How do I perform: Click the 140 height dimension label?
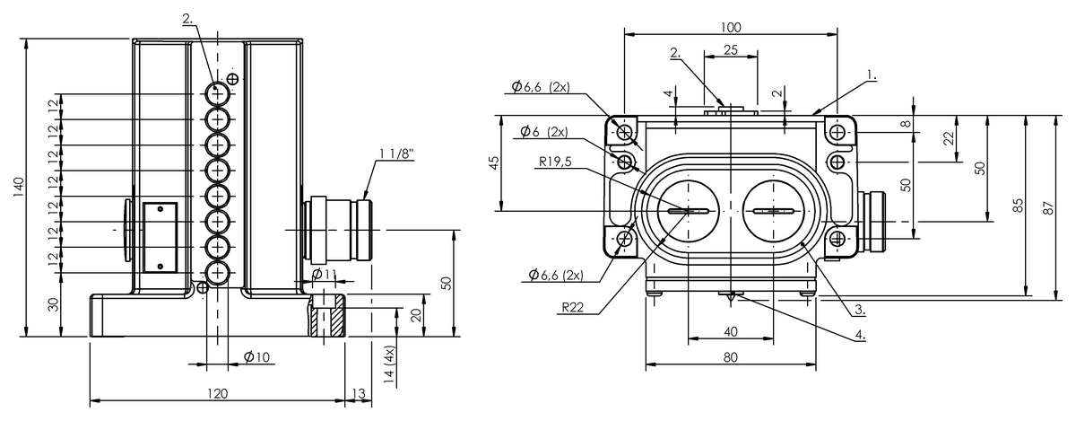click(x=18, y=188)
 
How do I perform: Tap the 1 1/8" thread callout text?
click(x=396, y=154)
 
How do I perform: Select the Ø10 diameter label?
click(x=256, y=357)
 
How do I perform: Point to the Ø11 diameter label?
click(x=325, y=275)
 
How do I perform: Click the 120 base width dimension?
click(x=217, y=393)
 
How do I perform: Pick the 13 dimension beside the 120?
click(x=359, y=393)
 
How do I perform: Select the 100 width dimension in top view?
click(x=731, y=28)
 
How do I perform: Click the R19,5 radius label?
click(x=555, y=162)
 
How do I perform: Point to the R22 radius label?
click(x=573, y=308)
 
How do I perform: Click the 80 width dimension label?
click(x=730, y=357)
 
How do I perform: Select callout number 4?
click(x=860, y=335)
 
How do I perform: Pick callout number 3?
click(x=860, y=310)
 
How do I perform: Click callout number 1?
click(x=872, y=75)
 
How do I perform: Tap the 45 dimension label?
click(x=493, y=162)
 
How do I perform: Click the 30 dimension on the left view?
click(x=53, y=304)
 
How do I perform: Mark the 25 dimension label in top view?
click(x=730, y=50)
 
